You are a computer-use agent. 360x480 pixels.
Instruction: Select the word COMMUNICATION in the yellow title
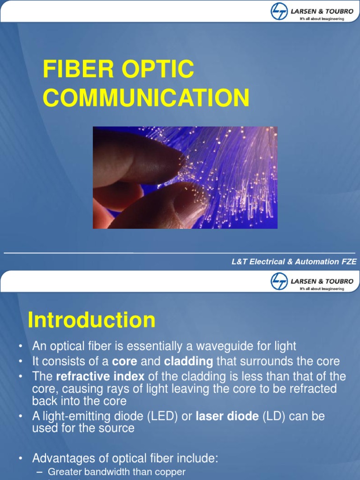coord(146,98)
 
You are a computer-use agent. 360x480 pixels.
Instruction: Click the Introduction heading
coord(91,320)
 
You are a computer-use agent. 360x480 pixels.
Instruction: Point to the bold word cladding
coord(188,361)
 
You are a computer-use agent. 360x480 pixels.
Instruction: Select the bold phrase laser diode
coord(227,416)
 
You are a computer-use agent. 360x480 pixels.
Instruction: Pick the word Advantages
coord(65,457)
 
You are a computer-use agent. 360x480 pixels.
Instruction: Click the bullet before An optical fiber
coord(20,346)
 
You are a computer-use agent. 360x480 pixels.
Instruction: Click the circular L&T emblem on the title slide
coord(279,11)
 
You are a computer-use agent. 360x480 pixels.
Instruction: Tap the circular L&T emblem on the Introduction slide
coord(279,282)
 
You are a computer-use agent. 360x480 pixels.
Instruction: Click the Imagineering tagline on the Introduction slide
coord(322,289)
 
